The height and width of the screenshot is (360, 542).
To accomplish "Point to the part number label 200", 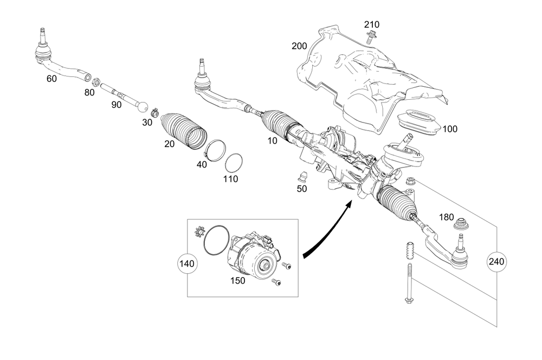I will point(300,46).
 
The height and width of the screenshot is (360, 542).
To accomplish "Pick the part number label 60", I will point(51,79).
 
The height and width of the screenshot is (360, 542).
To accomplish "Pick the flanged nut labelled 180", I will point(461,223).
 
